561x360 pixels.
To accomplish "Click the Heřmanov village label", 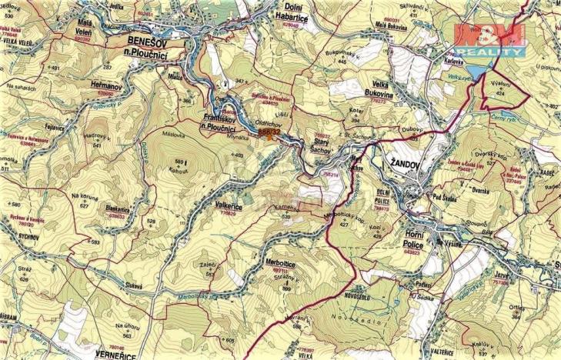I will point(104,87).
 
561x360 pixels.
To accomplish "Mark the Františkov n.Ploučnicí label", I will point(225,123).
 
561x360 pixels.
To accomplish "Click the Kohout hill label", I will point(179,169).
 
